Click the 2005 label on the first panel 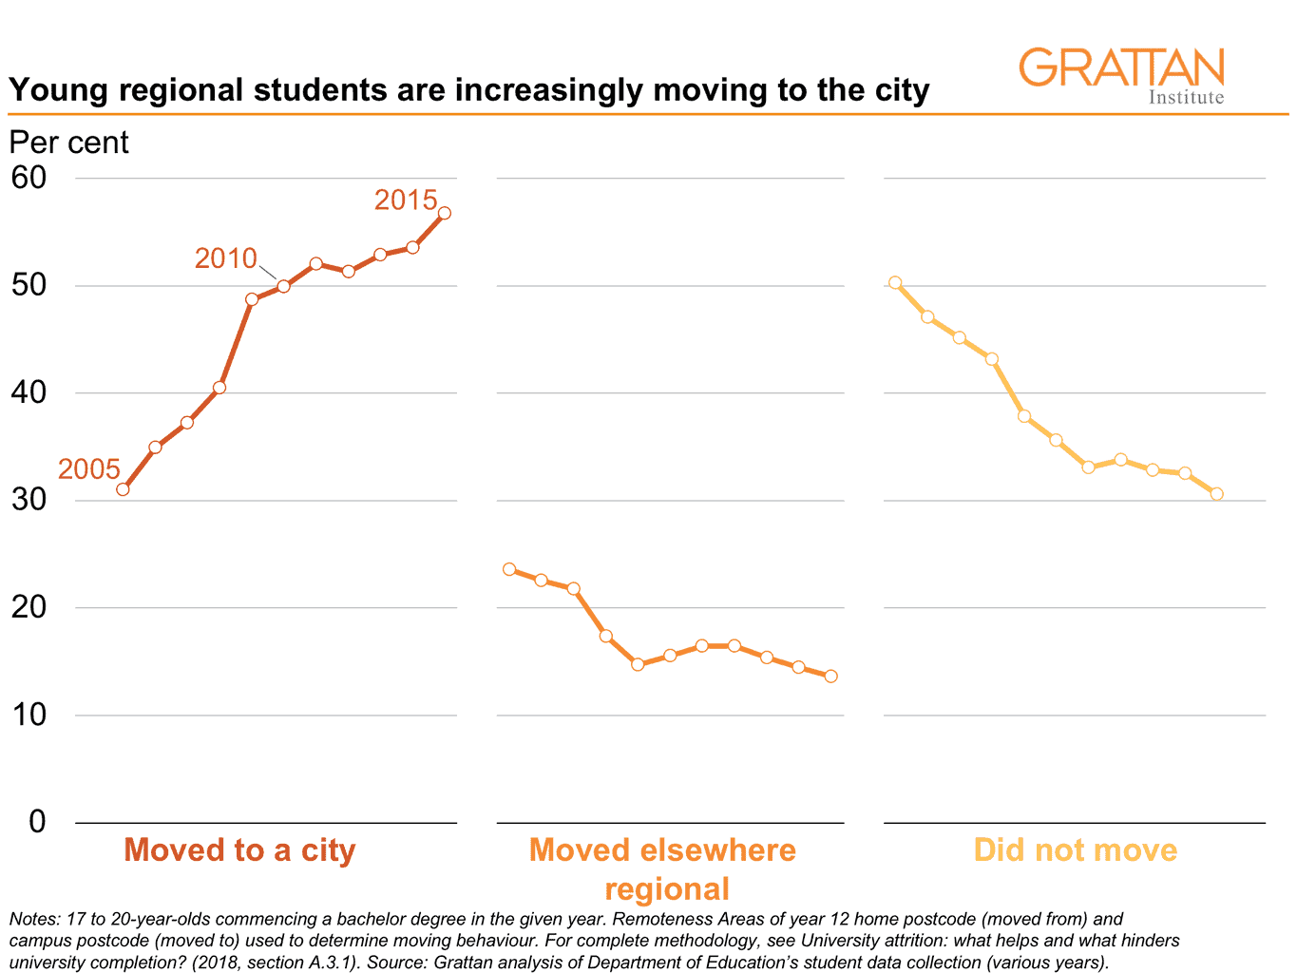(89, 469)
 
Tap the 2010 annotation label (226, 258)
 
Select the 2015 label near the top (406, 200)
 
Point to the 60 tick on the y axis (29, 178)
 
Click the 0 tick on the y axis (37, 822)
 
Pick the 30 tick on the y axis (29, 500)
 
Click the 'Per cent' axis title (68, 143)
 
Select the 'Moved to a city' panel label (239, 849)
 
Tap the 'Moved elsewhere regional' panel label (663, 868)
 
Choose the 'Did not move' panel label (1075, 849)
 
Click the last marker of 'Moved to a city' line (444, 213)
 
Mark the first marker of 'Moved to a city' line (123, 489)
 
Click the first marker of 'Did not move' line (895, 282)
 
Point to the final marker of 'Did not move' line (1216, 494)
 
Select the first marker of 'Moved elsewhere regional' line (509, 569)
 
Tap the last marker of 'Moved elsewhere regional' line (830, 677)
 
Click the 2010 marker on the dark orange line (283, 286)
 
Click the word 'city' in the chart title (902, 90)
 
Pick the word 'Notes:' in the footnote (33, 920)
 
